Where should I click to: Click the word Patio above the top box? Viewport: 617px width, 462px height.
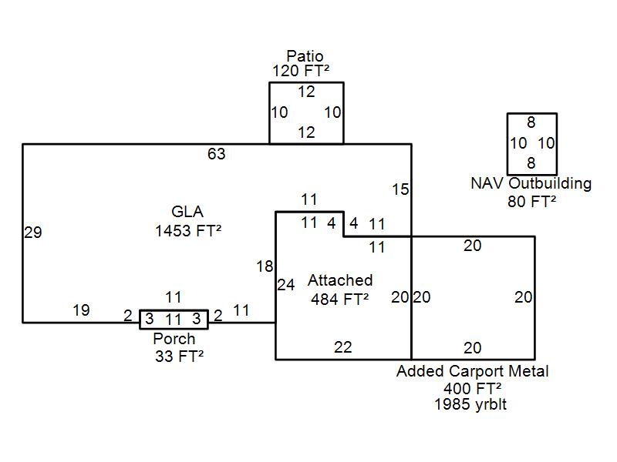pos(305,56)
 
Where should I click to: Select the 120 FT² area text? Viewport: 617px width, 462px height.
pos(301,71)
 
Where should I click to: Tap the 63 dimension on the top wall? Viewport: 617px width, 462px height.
pos(217,154)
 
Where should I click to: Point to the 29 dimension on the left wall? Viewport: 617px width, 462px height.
pos(33,233)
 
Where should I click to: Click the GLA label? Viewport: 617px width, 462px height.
pos(187,212)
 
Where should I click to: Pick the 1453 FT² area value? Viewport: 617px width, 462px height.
pos(188,230)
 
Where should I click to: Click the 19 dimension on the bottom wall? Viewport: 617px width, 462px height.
pos(81,310)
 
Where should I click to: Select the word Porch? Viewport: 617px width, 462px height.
pos(174,339)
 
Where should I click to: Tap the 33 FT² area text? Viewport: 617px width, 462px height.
pos(179,357)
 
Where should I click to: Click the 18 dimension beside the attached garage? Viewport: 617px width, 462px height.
pos(265,266)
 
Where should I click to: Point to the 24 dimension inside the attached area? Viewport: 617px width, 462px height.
pos(286,285)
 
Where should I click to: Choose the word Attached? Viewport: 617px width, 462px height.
pos(340,280)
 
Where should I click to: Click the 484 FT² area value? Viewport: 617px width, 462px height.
pos(339,300)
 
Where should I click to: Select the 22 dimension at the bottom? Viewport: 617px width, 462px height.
pos(342,347)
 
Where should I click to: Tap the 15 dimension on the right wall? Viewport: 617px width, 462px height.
pos(400,189)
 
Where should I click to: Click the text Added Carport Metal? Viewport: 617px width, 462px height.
pos(472,371)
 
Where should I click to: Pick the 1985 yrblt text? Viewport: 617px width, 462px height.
pos(470,404)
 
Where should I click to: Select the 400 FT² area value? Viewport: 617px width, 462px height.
pos(472,389)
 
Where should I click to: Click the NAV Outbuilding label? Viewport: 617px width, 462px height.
pos(531,183)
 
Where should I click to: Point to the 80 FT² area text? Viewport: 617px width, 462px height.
pos(531,202)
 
